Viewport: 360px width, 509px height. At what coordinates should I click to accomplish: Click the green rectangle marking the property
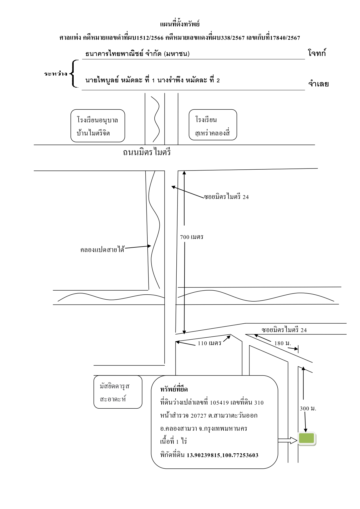pos(307,439)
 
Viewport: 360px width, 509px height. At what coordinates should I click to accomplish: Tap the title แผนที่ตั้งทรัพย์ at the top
pos(180,23)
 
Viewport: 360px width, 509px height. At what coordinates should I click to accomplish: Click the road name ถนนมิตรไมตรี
pos(147,152)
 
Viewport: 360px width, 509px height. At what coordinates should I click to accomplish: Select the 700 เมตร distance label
pos(191,237)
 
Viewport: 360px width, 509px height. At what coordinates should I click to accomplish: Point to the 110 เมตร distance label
pos(209,343)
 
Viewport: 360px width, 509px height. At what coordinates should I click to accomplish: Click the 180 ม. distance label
pos(283,343)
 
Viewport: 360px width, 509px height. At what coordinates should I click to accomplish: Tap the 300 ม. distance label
pos(308,408)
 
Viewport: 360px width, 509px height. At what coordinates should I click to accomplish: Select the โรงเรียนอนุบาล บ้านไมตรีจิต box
pos(98,126)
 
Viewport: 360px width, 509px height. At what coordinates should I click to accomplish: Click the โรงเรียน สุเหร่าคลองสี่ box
pos(213,125)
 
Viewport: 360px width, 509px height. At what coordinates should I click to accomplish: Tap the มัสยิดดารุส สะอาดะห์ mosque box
pos(118,392)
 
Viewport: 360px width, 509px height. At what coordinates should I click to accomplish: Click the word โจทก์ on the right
pos(317,53)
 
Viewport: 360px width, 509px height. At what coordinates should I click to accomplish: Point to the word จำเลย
pos(318,84)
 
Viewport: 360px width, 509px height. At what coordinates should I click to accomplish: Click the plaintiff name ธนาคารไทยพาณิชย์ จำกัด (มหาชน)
pos(138,54)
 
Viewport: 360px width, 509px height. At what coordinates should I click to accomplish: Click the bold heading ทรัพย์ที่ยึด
pos(174,389)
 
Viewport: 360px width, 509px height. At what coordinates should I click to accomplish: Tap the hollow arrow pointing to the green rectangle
pos(287,441)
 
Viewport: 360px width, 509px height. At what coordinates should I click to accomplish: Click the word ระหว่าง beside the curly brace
pos(56,74)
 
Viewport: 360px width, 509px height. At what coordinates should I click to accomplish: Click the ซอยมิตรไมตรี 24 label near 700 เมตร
pos(226,197)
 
